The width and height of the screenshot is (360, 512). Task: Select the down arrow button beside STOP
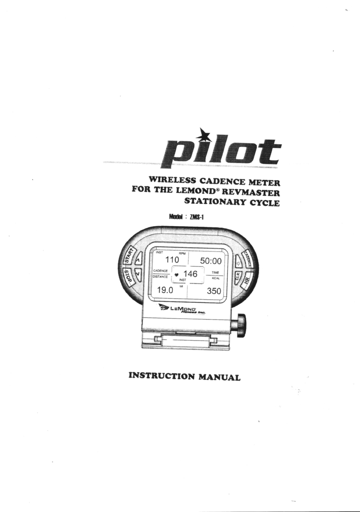[139, 274]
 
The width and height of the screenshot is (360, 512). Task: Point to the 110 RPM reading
[172, 260]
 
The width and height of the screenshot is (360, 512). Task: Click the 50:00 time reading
[211, 261]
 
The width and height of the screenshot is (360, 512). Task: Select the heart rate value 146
[190, 274]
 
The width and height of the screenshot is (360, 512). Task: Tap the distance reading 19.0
[165, 290]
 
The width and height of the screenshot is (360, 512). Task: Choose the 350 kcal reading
[214, 291]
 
